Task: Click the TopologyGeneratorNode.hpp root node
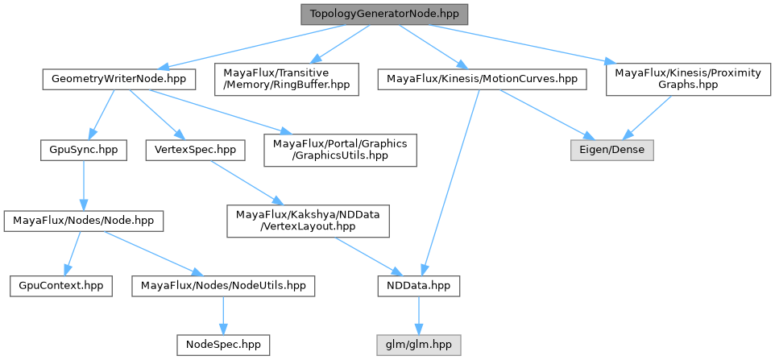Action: click(x=383, y=14)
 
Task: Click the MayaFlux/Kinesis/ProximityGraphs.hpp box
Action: click(x=687, y=79)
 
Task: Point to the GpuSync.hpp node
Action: click(x=84, y=150)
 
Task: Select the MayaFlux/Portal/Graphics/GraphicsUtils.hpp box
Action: click(x=341, y=150)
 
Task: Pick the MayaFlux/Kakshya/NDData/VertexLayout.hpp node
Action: click(x=308, y=220)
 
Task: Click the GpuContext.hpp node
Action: click(x=61, y=285)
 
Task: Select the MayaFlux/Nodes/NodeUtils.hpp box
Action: click(x=223, y=285)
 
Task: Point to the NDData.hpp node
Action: click(x=419, y=285)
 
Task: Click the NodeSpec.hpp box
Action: click(x=223, y=343)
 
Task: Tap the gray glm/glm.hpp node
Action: click(x=419, y=343)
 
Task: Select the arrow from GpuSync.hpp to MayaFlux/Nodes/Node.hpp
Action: click(x=84, y=184)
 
